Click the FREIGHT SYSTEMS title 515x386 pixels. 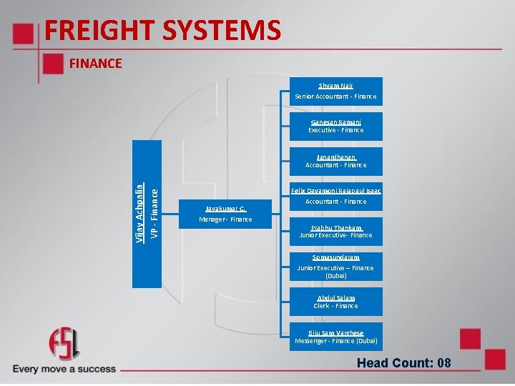pyautogui.click(x=162, y=30)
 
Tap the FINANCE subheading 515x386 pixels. pyautogui.click(x=96, y=64)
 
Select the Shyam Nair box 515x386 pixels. pyautogui.click(x=335, y=91)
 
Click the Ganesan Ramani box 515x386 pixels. pyautogui.click(x=335, y=127)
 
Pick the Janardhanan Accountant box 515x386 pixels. pyautogui.click(x=335, y=161)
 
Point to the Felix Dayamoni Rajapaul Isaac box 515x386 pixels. pyautogui.click(x=335, y=196)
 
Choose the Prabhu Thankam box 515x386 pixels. pyautogui.click(x=335, y=231)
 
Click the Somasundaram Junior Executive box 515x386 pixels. pyautogui.click(x=335, y=266)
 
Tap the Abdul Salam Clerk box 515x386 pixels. pyautogui.click(x=335, y=302)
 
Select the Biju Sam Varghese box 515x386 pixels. pyautogui.click(x=335, y=337)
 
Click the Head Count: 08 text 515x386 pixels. pyautogui.click(x=404, y=363)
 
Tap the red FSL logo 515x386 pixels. pyautogui.click(x=64, y=345)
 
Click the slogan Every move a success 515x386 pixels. pyautogui.click(x=64, y=369)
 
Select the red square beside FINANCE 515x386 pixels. pyautogui.click(x=51, y=64)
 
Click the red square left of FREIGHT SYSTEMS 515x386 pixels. pyautogui.click(x=25, y=34)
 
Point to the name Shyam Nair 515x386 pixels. pyautogui.click(x=335, y=86)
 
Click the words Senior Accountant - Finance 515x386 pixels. pyautogui.click(x=335, y=96)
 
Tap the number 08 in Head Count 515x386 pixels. pyautogui.click(x=443, y=363)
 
